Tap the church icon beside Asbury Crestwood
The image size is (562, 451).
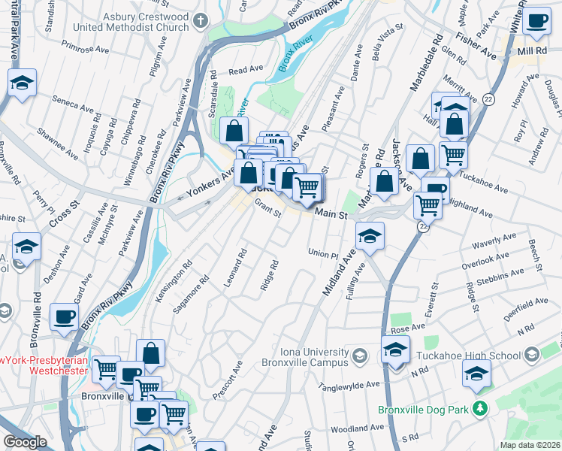tap(200, 20)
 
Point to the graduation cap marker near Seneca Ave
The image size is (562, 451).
tap(23, 83)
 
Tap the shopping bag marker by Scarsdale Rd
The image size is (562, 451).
tap(235, 131)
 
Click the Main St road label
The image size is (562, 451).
tap(331, 215)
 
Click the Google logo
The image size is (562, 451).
tap(25, 442)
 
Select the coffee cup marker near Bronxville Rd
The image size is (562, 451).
tap(65, 316)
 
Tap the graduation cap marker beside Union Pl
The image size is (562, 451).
tap(370, 236)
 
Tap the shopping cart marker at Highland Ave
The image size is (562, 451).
tap(428, 204)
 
